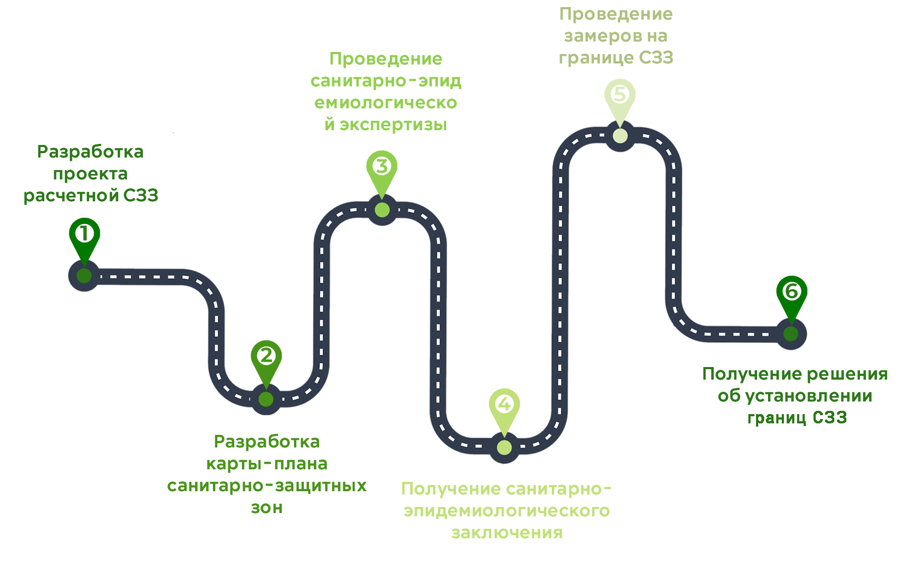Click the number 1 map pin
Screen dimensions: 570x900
84,235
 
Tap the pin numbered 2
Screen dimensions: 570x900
266,357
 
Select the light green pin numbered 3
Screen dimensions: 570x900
382,167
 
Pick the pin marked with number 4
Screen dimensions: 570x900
504,405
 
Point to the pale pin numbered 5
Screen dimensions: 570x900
620,96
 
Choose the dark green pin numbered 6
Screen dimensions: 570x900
792,292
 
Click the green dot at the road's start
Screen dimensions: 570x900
84,276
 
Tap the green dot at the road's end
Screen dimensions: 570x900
791,334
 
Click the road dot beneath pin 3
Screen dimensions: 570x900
382,210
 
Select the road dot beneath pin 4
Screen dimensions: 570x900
504,447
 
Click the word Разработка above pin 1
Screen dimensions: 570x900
90,152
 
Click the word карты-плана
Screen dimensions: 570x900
267,464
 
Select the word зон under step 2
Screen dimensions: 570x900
267,508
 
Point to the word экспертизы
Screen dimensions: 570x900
393,125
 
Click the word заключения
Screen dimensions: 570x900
507,533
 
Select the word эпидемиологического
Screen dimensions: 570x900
507,511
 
